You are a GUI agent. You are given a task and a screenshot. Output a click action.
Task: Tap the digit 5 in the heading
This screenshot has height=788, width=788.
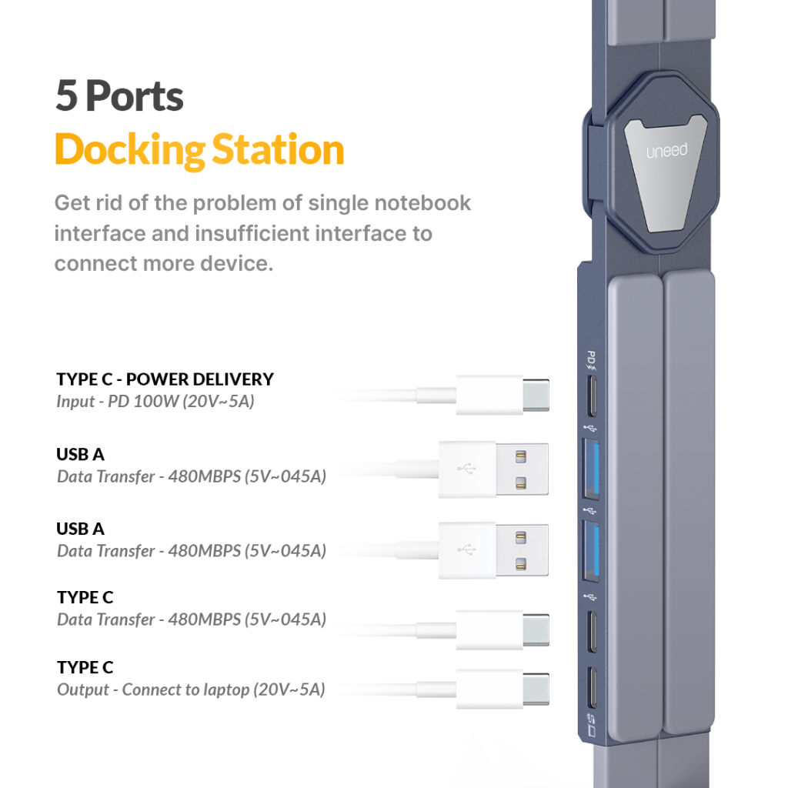click(x=67, y=97)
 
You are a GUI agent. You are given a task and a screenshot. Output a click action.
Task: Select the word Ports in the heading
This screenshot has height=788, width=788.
click(x=135, y=97)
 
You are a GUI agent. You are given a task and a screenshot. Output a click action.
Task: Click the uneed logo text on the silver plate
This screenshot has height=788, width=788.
click(x=666, y=152)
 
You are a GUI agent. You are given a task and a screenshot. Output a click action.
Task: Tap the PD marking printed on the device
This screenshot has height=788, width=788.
click(x=591, y=359)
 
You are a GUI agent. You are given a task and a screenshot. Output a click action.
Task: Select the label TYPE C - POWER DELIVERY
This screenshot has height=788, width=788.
click(x=165, y=379)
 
